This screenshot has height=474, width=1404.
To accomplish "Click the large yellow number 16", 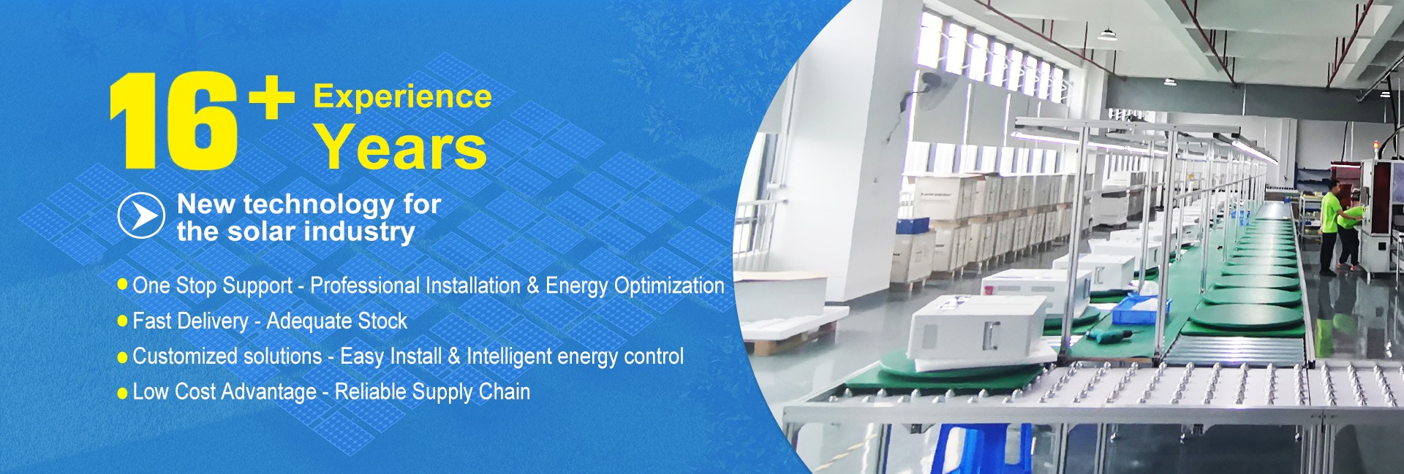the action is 173,121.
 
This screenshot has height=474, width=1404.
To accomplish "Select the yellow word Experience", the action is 402,97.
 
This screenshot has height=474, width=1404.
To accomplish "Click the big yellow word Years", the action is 401,147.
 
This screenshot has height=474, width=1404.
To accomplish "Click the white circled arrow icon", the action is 141,215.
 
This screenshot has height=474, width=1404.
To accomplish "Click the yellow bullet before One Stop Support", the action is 122,284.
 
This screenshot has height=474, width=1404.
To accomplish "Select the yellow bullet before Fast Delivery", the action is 122,321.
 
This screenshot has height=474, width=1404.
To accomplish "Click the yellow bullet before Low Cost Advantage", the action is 122,393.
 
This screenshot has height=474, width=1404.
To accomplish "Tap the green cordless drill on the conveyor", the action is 1106,335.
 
